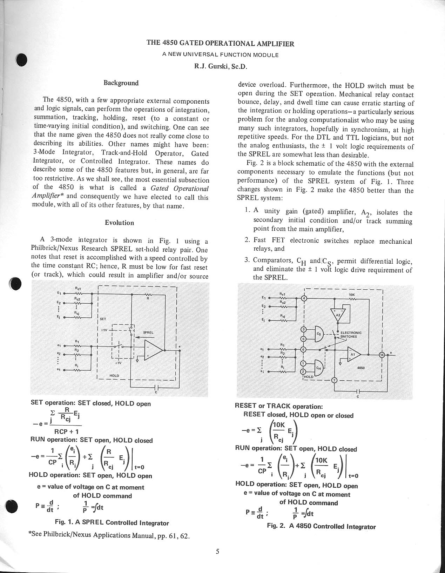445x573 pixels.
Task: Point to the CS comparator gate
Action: (319, 334)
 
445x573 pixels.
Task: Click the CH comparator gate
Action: (319, 368)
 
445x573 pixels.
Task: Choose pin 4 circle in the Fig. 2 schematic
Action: (304, 298)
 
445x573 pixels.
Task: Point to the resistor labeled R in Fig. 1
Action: (148, 295)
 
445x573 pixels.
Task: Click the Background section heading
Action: (121, 83)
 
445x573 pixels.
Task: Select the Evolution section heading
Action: (119, 223)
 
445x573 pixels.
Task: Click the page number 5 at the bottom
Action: (217, 551)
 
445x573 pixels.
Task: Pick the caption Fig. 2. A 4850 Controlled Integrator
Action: (321, 526)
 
